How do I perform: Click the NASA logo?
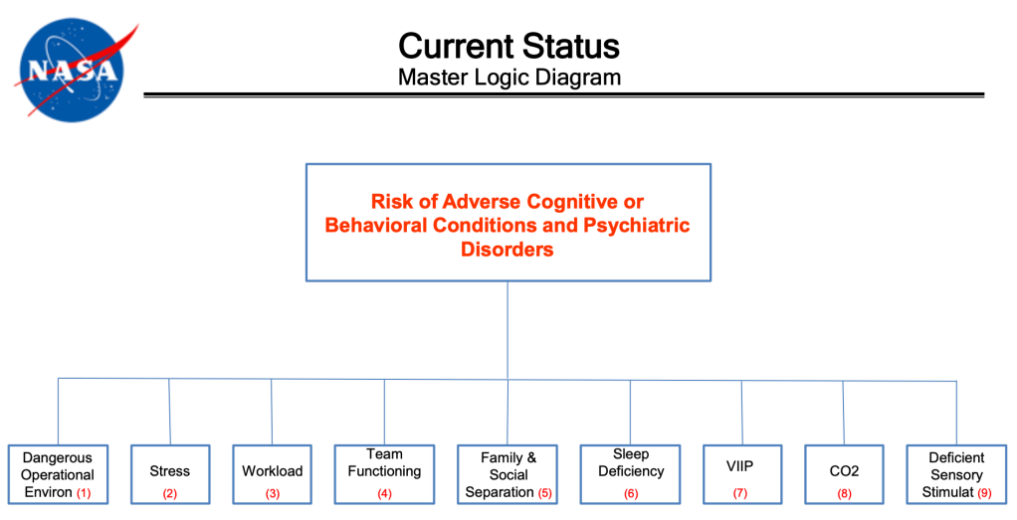73,69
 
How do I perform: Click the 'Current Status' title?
508,46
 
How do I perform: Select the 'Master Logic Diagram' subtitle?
508,78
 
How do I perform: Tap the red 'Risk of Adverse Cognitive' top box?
508,222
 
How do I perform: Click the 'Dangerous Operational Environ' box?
58,474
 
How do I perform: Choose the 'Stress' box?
169,474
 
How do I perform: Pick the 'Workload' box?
272,474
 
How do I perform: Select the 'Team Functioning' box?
384,474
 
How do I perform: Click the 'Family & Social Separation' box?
508,474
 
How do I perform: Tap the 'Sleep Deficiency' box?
630,474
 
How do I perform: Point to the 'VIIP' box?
741,474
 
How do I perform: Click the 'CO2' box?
843,474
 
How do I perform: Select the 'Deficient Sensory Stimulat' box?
956,474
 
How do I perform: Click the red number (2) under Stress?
169,493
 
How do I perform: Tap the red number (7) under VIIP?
741,493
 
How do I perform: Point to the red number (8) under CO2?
843,493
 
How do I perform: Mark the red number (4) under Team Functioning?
384,493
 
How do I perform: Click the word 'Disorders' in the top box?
507,250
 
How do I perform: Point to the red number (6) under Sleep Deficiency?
630,493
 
